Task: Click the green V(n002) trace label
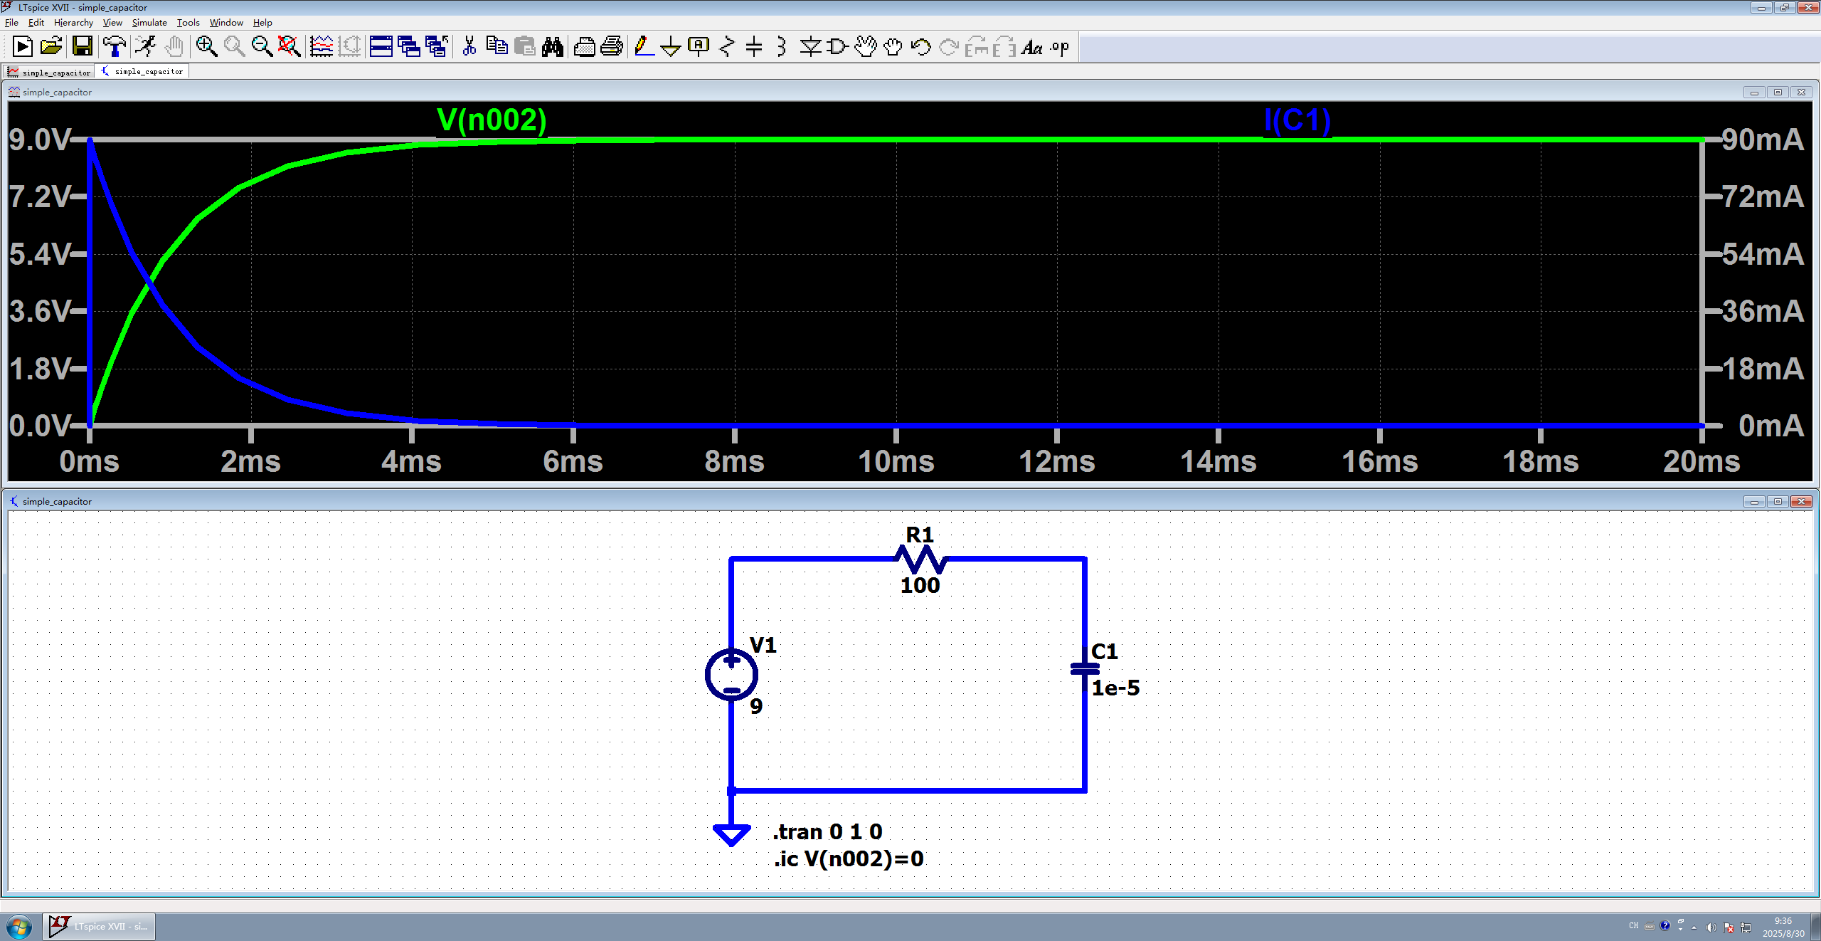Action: coord(492,120)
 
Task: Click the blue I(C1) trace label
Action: coord(1297,120)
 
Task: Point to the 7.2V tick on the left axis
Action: coord(41,196)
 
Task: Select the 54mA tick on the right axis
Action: coord(1763,254)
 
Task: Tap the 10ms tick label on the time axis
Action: coord(896,461)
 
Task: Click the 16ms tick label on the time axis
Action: coord(1379,461)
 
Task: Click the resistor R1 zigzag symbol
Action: coord(920,559)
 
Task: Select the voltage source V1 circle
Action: coord(731,675)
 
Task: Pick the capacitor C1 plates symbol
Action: coord(1085,668)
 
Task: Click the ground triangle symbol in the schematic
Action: coord(731,834)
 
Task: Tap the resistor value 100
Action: coord(920,585)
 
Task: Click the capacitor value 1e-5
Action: coord(1115,688)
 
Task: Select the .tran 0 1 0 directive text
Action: coord(827,831)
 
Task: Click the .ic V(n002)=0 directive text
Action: coord(849,858)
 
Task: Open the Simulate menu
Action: coord(149,23)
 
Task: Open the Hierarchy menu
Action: coord(73,23)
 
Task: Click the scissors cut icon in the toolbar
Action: coord(469,47)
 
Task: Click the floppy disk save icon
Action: coord(83,47)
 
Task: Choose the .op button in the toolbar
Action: coord(1060,47)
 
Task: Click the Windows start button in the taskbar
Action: coord(20,927)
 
